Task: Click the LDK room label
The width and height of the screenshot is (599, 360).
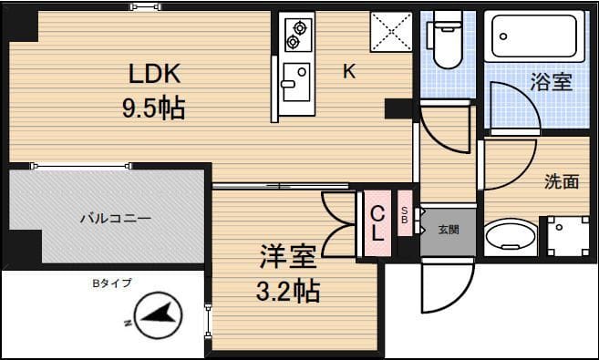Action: (154, 73)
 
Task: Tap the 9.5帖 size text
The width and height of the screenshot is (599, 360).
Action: (154, 109)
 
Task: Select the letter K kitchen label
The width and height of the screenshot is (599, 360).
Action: (349, 73)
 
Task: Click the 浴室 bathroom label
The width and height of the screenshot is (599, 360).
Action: (551, 82)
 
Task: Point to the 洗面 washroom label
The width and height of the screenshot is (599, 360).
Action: (562, 181)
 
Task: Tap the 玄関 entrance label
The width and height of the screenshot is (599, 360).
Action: (448, 229)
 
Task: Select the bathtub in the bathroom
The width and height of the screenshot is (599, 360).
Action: (535, 38)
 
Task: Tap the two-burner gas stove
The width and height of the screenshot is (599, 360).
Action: (296, 33)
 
